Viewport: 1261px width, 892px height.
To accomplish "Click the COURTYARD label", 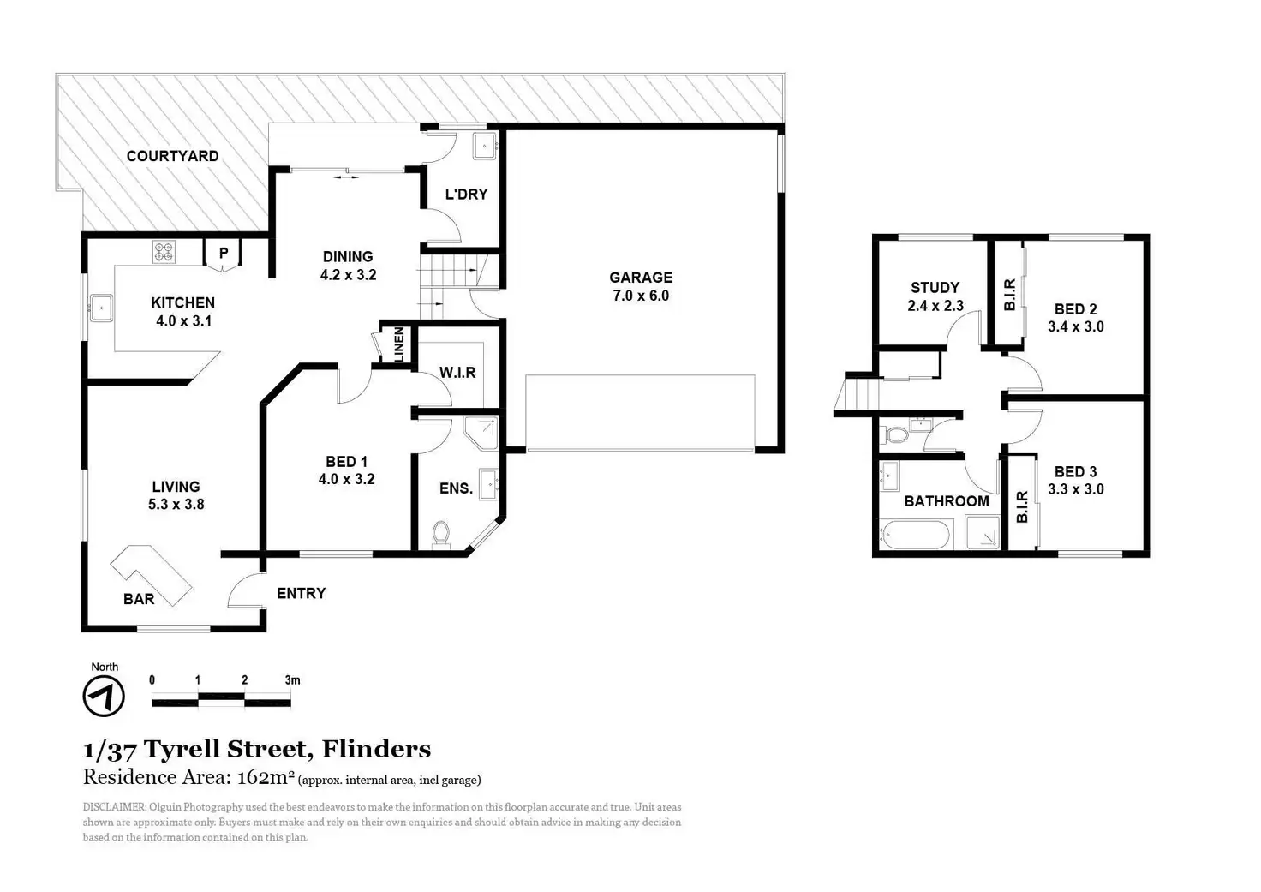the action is (x=172, y=156).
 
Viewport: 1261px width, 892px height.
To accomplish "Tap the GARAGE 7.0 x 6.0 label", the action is (x=641, y=286).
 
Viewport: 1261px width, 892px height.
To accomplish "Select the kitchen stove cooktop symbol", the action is (x=164, y=252).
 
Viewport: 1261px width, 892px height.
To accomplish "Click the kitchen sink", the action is (x=101, y=308).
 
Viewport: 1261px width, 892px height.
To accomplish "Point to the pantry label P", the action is (x=223, y=254).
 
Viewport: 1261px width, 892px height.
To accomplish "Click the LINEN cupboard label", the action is (x=398, y=344).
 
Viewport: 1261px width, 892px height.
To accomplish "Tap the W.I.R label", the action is (x=457, y=373).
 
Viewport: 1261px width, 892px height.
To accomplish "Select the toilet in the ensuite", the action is (x=440, y=533).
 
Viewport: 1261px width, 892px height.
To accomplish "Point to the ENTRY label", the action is (x=301, y=593).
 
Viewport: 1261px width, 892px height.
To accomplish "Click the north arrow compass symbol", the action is (x=104, y=696).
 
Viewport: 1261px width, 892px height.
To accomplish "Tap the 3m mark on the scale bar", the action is (x=292, y=680).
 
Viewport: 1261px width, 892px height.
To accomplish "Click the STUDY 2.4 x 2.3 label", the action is (x=935, y=296).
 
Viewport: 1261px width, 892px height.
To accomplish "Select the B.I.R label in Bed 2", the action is (x=1009, y=295).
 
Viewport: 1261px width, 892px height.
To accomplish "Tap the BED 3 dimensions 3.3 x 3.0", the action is (x=1075, y=489).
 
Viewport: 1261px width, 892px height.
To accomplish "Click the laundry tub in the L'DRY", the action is (x=485, y=146).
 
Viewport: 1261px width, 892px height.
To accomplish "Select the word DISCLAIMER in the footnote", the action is (x=114, y=807).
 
